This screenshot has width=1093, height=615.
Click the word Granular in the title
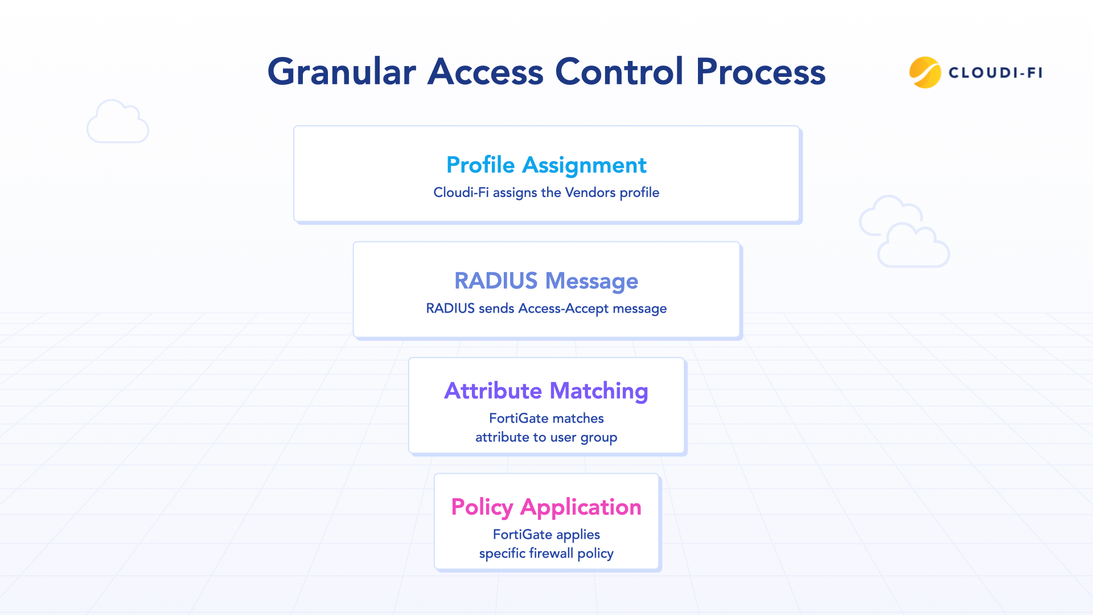pos(342,72)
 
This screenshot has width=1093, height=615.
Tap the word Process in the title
pos(761,72)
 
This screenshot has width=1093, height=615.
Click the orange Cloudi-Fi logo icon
pos(924,72)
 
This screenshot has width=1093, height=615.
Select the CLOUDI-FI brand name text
pos(995,73)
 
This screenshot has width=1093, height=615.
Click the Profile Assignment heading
pos(546,165)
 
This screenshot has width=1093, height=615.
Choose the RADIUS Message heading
pos(546,281)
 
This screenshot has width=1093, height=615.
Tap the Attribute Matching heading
pos(546,391)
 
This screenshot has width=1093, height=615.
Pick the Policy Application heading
pos(546,507)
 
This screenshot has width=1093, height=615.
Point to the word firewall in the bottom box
pos(551,553)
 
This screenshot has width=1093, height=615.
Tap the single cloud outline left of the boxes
pos(118,122)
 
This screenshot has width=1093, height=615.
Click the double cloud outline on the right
pos(904,232)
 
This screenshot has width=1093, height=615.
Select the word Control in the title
pos(619,72)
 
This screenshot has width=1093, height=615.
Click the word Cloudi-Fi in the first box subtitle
pos(461,192)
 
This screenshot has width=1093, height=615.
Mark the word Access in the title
pos(485,72)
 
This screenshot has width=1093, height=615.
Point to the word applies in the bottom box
pos(578,535)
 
